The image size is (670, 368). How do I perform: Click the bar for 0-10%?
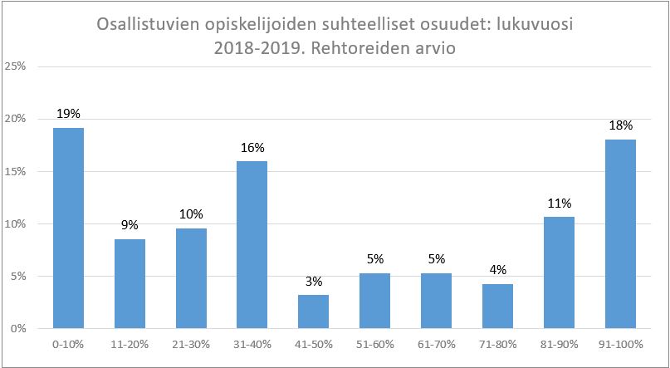[x=68, y=228]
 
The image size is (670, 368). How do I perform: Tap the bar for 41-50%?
[x=314, y=312]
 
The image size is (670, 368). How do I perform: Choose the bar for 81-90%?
[x=559, y=272]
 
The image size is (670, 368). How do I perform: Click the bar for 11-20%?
[x=130, y=283]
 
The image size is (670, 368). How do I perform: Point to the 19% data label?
[x=68, y=113]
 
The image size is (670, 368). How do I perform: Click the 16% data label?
[x=252, y=147]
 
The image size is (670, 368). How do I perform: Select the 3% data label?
[x=314, y=281]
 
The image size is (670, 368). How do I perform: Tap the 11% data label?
[x=559, y=202]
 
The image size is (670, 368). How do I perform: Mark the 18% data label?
[x=620, y=125]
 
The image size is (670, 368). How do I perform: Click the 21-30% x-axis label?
[x=191, y=344]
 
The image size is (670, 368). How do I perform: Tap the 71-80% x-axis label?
[x=497, y=344]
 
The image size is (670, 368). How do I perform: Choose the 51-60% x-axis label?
[x=374, y=344]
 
